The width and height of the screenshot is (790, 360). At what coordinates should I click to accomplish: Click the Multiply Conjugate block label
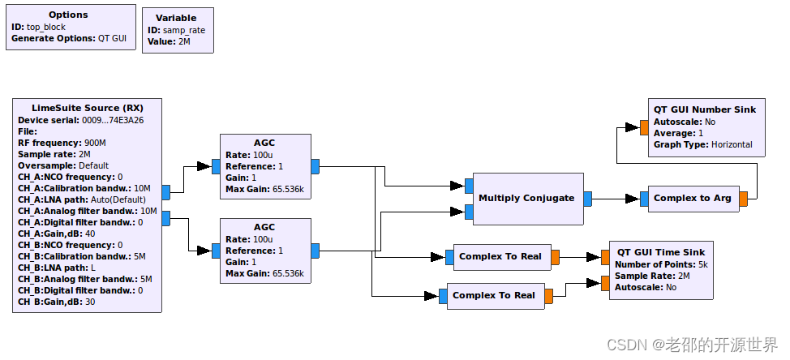[526, 198]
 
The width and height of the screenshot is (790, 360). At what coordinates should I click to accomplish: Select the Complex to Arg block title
[692, 198]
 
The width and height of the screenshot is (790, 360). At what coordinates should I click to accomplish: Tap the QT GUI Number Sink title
[704, 109]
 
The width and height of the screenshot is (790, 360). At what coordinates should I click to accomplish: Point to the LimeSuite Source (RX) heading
[87, 108]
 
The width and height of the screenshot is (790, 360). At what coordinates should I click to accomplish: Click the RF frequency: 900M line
[62, 143]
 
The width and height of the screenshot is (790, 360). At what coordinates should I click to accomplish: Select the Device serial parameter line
[80, 120]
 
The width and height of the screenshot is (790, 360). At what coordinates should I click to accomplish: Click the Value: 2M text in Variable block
[168, 41]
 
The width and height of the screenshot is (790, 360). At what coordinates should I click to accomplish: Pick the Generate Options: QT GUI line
[68, 38]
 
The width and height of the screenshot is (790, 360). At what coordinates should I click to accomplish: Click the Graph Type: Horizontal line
[702, 144]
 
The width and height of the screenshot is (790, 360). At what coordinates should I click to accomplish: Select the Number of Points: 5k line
[661, 264]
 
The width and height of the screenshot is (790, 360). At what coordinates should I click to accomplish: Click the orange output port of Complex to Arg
[744, 199]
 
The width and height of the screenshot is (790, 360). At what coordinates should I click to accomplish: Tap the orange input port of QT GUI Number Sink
[632, 127]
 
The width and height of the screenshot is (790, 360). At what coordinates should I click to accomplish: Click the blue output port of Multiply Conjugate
[587, 198]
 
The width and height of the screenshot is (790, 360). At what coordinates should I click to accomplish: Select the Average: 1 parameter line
[678, 133]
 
